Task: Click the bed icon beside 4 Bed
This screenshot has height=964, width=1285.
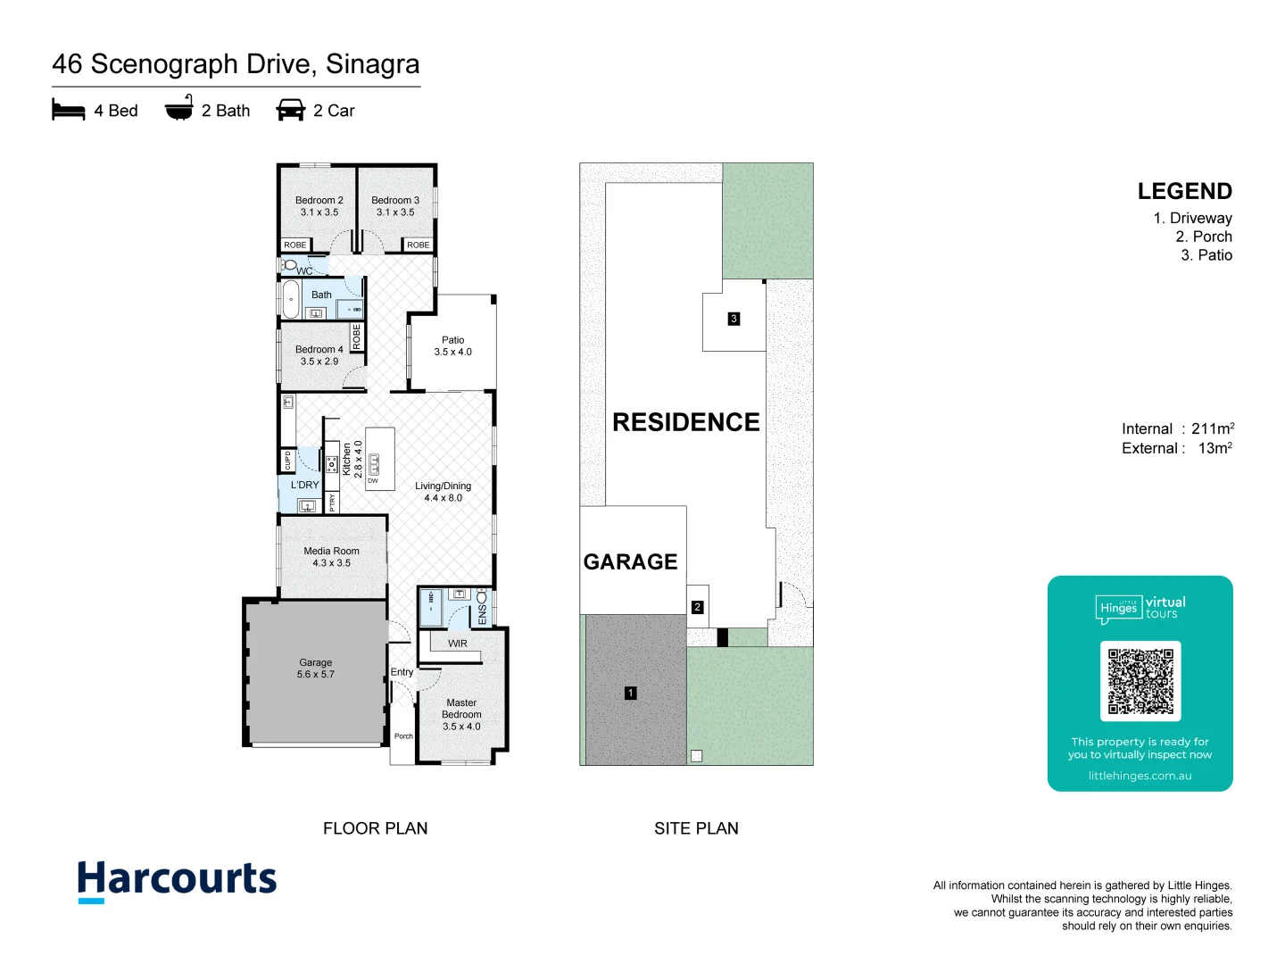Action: click(x=69, y=110)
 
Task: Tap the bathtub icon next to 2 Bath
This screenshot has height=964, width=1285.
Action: click(x=178, y=110)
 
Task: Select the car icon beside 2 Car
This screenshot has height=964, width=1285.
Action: click(x=291, y=110)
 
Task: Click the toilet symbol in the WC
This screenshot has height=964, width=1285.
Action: click(x=290, y=265)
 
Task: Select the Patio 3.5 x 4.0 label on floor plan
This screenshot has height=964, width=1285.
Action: click(x=452, y=345)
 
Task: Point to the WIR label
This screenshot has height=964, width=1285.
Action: click(x=458, y=644)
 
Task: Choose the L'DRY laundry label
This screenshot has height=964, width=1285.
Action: click(x=304, y=486)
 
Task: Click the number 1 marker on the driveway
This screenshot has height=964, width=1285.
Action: click(x=631, y=693)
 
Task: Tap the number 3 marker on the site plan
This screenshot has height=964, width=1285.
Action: click(x=734, y=319)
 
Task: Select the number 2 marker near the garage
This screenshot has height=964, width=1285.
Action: click(x=697, y=607)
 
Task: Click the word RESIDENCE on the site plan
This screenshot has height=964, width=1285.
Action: click(x=685, y=422)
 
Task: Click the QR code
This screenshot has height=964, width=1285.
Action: click(x=1140, y=681)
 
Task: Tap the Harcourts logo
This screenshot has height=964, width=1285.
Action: click(x=177, y=880)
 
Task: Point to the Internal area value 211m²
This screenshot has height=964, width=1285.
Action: click(x=1213, y=429)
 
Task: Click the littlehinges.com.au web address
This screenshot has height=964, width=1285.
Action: click(x=1140, y=776)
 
